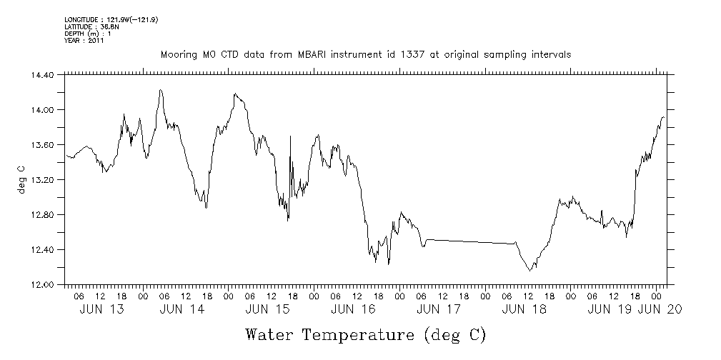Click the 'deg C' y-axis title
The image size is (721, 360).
click(21, 179)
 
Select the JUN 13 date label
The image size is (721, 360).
click(99, 309)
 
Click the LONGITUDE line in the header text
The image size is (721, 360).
click(111, 19)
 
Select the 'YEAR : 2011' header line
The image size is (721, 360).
click(84, 41)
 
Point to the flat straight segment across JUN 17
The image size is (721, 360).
click(472, 241)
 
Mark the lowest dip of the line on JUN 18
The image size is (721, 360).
click(529, 270)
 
